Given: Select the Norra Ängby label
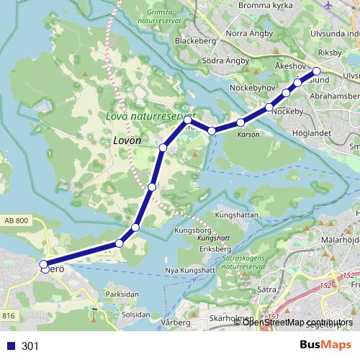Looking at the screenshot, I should [249, 34].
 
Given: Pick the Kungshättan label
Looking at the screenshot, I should [241, 215].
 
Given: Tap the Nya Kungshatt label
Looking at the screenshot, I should [190, 270].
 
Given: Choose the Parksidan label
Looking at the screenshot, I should [122, 294].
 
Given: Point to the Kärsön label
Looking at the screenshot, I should [246, 135].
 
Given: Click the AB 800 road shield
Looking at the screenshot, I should [17, 221].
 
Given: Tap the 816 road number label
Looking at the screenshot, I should [9, 315].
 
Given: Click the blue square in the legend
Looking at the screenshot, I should [10, 346].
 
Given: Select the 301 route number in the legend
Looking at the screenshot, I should [30, 346].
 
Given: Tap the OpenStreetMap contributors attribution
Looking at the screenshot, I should [297, 322].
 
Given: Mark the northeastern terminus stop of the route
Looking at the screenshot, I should [316, 71].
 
